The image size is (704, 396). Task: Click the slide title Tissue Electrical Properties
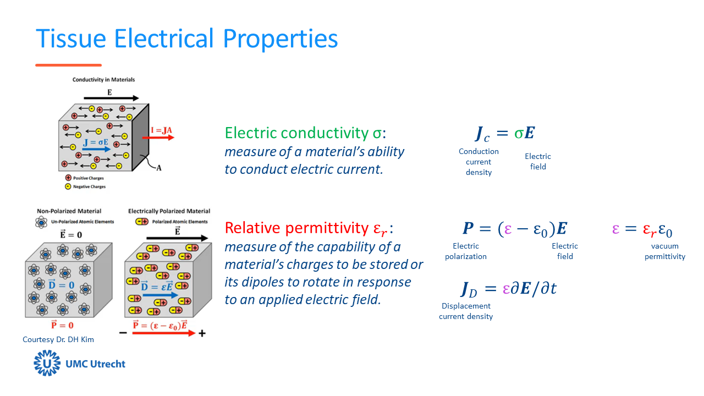click(x=186, y=38)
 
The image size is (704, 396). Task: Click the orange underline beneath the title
click(x=68, y=65)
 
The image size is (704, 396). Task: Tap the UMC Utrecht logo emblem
click(x=47, y=364)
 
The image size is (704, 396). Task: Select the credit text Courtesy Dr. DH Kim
click(x=58, y=339)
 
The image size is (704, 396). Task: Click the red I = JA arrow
click(x=162, y=136)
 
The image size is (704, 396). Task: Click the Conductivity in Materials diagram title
click(x=103, y=80)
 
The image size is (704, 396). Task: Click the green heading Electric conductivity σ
click(x=306, y=133)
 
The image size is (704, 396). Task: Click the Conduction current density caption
click(x=479, y=162)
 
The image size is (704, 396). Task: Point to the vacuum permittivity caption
click(x=665, y=251)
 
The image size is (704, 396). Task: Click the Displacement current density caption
click(x=466, y=311)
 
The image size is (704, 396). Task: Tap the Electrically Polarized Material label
click(x=169, y=211)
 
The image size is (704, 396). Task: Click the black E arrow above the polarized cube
click(x=177, y=238)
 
